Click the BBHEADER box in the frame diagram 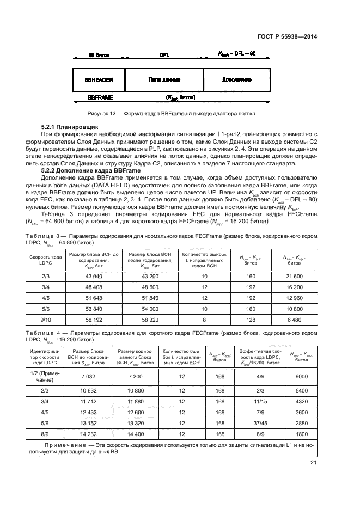pyautogui.click(x=99, y=79)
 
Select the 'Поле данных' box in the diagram pyautogui.click(x=164, y=79)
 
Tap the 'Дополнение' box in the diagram pyautogui.click(x=236, y=79)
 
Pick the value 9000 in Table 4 pyautogui.click(x=301, y=376)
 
